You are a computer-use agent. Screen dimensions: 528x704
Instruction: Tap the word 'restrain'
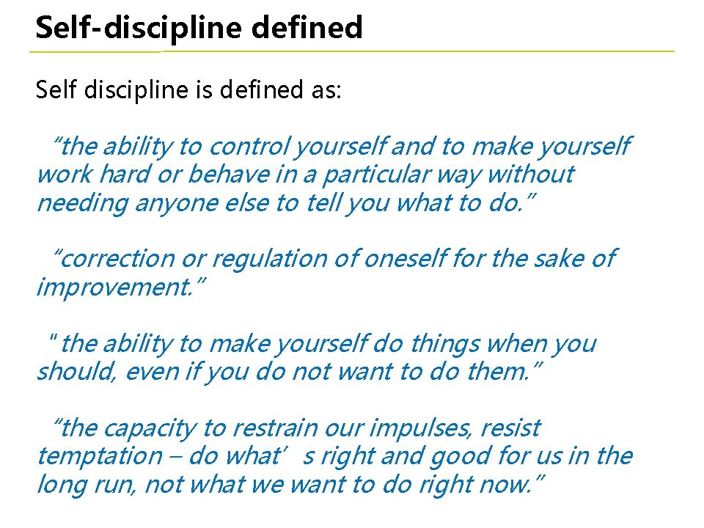[269, 428]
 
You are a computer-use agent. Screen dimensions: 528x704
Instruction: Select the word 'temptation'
[98, 456]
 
